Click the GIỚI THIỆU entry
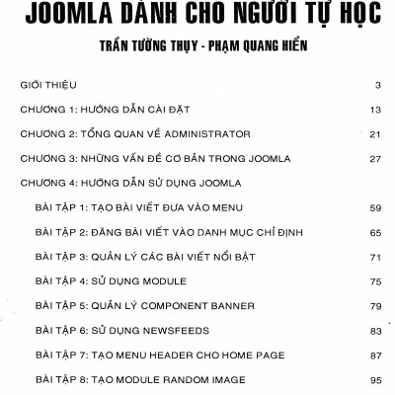pos(48,86)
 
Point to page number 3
pos(378,86)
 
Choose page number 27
pos(375,158)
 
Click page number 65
pos(375,232)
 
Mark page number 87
pos(375,354)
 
